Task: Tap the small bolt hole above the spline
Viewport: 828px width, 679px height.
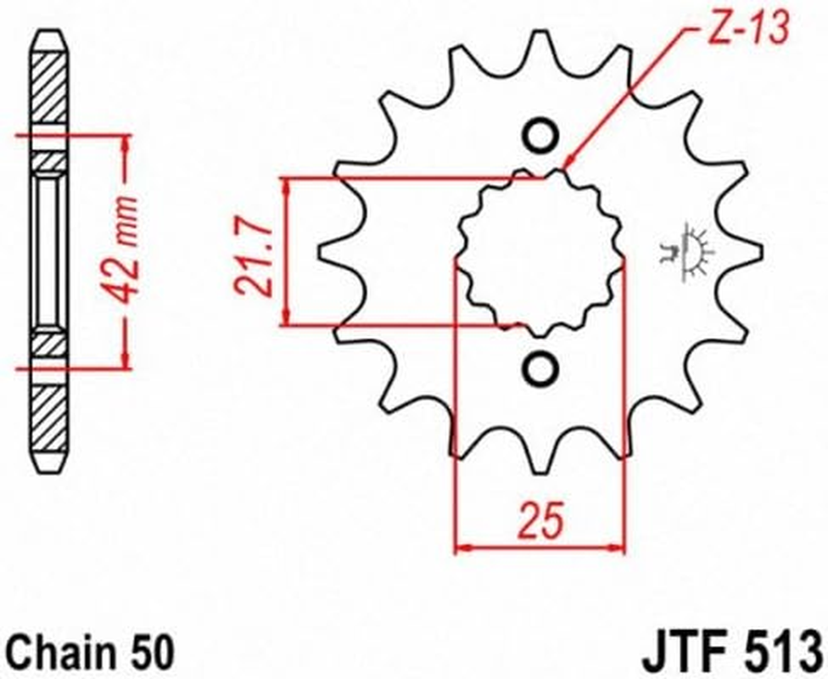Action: (x=539, y=136)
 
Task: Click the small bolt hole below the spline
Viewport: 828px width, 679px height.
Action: (x=539, y=368)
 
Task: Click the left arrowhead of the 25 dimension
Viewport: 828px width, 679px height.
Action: (x=463, y=548)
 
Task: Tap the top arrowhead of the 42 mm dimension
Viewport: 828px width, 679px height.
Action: (x=126, y=141)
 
